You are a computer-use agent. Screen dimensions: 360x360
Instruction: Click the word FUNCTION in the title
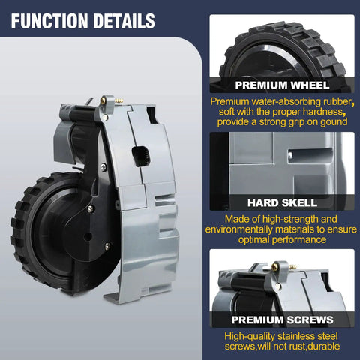point(49,21)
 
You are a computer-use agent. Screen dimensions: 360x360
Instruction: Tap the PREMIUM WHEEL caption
point(282,85)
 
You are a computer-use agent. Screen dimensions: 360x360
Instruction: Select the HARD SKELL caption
point(282,202)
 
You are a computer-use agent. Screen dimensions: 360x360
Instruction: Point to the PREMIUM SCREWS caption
point(282,319)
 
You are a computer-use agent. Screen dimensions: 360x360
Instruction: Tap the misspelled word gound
point(334,122)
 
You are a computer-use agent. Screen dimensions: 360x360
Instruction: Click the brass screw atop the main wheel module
point(103,100)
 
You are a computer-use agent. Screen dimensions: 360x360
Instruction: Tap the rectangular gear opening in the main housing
point(141,156)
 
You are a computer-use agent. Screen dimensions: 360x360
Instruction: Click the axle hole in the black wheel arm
point(88,236)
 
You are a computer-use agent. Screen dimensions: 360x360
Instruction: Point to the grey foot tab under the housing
point(112,298)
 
